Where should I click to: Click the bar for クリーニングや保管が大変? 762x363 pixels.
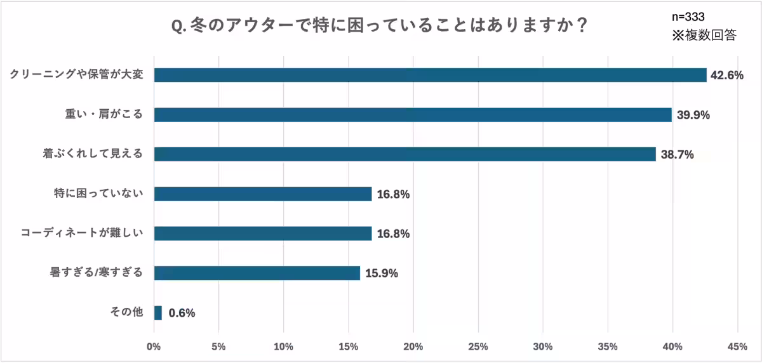point(430,75)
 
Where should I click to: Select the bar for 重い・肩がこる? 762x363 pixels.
point(413,115)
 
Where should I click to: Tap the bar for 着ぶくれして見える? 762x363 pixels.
point(404,154)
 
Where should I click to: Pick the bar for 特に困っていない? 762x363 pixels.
point(263,194)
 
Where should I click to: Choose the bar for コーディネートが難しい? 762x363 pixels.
point(263,234)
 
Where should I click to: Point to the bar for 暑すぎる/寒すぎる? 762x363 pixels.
point(257,273)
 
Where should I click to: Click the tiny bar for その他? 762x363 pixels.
point(158,313)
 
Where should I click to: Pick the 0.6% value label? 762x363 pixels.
point(182,313)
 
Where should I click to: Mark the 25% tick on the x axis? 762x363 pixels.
point(478,347)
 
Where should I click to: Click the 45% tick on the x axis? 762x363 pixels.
point(737,347)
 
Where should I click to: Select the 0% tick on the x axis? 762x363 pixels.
point(154,347)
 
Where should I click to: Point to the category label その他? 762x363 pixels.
point(127,313)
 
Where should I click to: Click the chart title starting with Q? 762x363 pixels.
point(379,27)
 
